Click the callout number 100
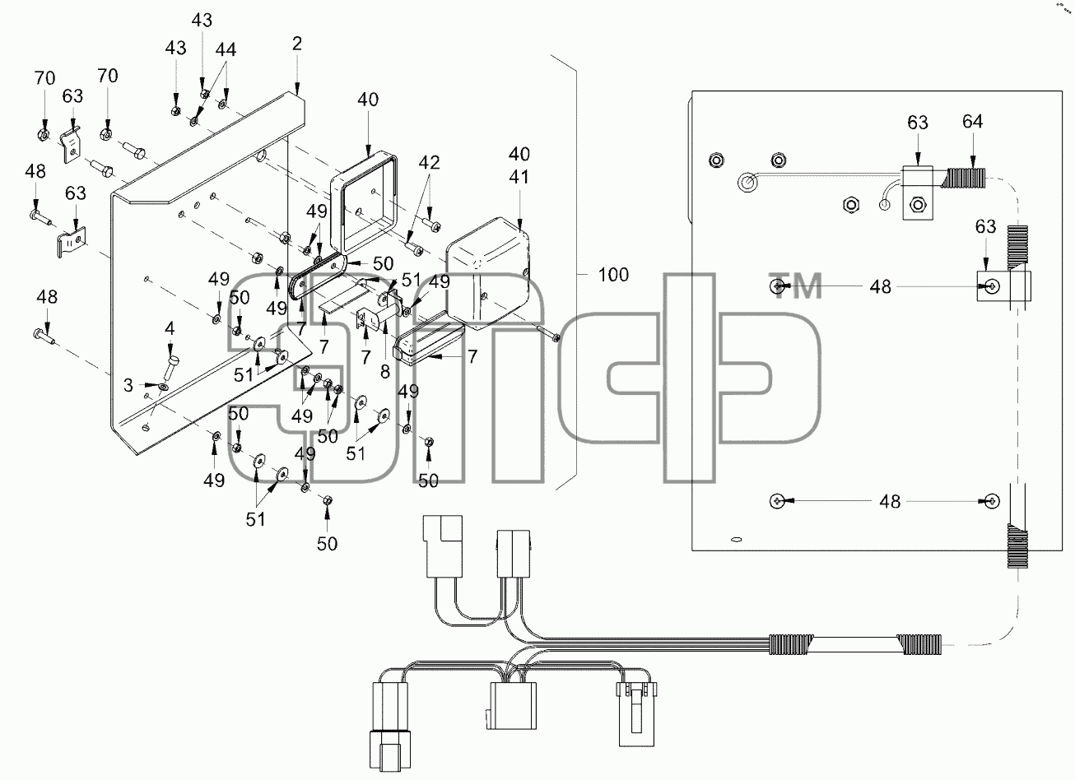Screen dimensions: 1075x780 tap(613, 275)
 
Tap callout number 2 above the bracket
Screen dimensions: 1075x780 tap(297, 44)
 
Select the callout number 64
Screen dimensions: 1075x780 tap(972, 122)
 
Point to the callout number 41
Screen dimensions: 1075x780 tap(519, 177)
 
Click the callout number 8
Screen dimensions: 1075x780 tap(385, 371)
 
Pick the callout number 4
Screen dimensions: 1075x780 tap(170, 329)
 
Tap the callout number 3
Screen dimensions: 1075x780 tap(128, 385)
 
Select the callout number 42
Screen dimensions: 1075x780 tap(429, 163)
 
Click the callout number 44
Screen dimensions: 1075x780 tap(226, 50)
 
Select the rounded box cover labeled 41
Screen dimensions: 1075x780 tap(489, 274)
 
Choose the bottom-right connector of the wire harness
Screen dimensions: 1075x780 tap(636, 714)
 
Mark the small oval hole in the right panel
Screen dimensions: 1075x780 tap(736, 539)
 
